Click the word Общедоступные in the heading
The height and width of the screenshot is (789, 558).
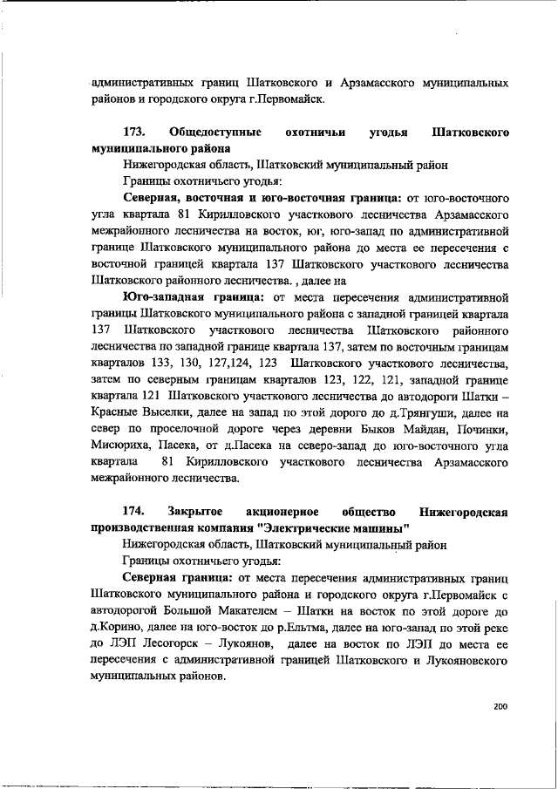216,133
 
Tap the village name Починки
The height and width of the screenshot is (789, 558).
479,429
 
